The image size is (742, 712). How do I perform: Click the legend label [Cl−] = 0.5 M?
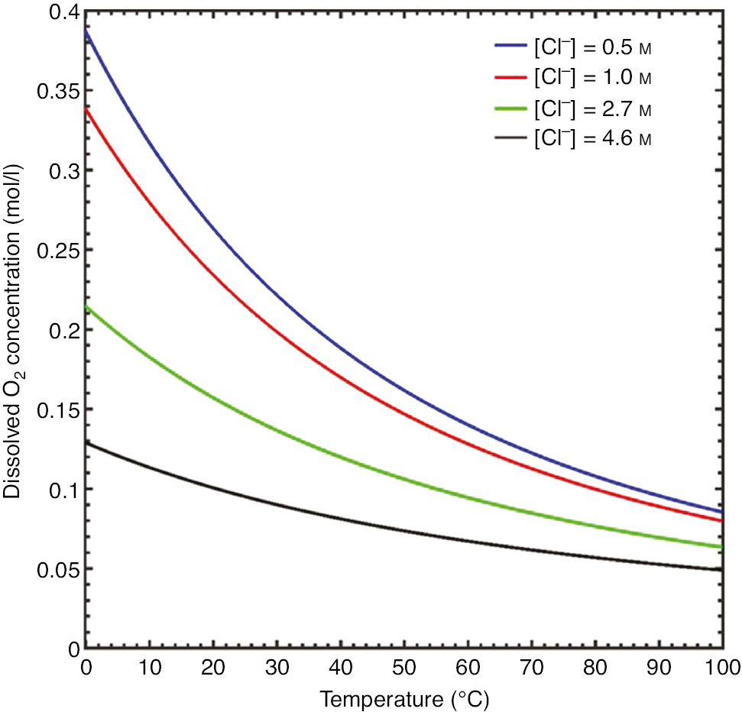coord(593,48)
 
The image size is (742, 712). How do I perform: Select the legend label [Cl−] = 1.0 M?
coord(593,78)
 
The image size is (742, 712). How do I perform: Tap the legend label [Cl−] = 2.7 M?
coord(593,108)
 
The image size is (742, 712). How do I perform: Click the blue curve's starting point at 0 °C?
coord(86,31)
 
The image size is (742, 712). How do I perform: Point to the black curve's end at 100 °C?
coord(721,569)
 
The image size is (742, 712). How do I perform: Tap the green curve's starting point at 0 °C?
coord(86,306)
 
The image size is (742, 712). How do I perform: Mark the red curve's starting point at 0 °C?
coord(86,108)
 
